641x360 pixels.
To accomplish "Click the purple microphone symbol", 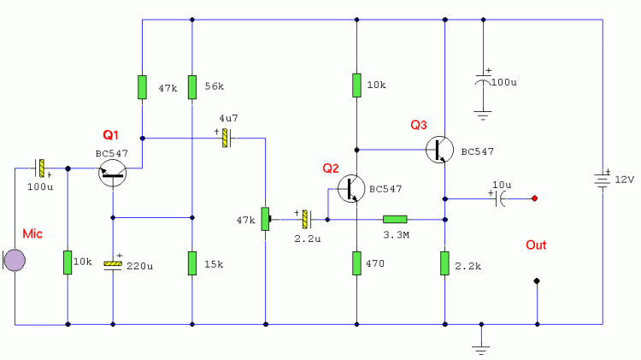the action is pos(15,260).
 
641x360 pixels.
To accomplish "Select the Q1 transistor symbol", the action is pos(113,173).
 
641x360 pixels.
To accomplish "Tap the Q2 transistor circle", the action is pos(351,189).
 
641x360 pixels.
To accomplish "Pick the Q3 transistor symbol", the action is pos(439,150).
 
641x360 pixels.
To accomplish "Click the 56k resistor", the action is pos(192,87).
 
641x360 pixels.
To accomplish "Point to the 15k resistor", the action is pos(192,263).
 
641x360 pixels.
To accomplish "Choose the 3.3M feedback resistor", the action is pos(395,220).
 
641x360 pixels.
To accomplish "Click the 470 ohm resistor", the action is pos(357,263).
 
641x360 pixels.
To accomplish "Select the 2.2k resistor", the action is pos(444,263).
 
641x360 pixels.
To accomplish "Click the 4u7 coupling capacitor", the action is pos(226,139).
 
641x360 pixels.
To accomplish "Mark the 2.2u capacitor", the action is pos(306,219).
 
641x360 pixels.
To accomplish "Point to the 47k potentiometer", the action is pos(266,219).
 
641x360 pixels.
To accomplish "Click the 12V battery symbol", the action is pos(603,180).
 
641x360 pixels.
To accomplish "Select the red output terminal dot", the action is pos(534,198).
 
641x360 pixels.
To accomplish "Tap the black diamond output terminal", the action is pos(537,281).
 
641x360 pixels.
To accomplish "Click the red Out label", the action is pos(536,245).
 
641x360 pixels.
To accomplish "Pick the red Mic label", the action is pos(32,234).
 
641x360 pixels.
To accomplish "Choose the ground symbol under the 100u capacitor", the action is pos(483,115).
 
